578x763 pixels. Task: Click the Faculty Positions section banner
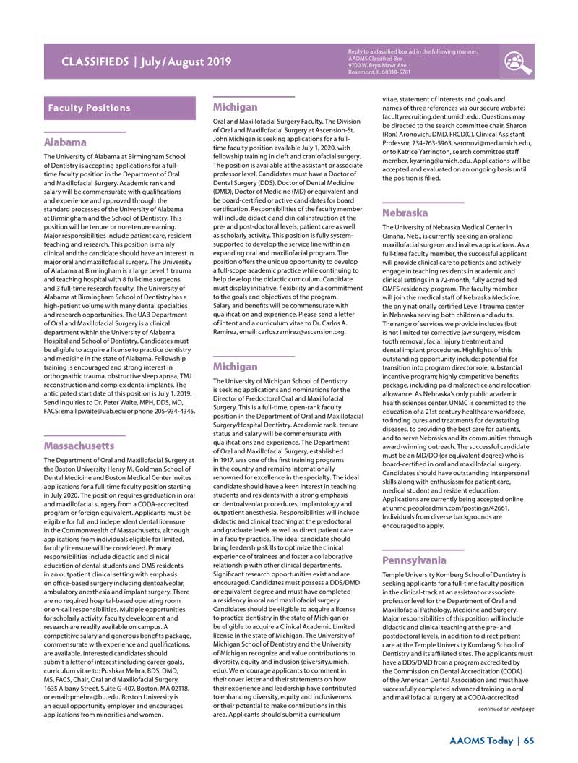pyautogui.click(x=89, y=108)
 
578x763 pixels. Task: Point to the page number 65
pyautogui.click(x=529, y=740)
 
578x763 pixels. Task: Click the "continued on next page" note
pyautogui.click(x=505, y=709)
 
